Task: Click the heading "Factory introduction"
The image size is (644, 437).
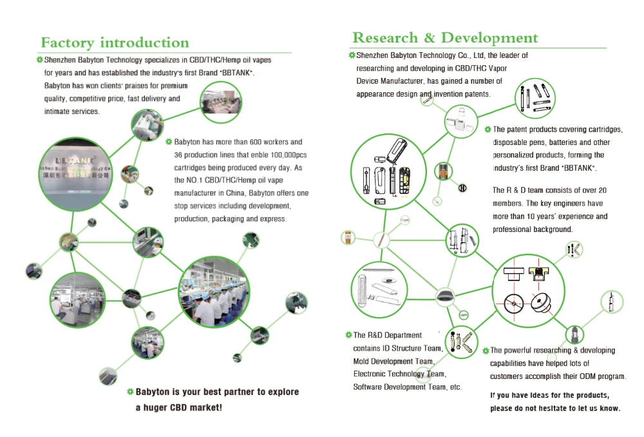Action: point(115,43)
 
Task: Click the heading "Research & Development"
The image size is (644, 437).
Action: point(445,38)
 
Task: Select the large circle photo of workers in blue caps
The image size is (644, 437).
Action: point(212,293)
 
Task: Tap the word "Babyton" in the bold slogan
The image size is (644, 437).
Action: point(153,392)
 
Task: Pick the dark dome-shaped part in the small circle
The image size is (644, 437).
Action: point(445,296)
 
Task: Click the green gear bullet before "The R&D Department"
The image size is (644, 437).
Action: point(348,335)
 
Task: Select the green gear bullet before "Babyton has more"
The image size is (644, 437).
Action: point(169,142)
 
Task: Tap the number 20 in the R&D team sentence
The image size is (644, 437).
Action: point(602,190)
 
